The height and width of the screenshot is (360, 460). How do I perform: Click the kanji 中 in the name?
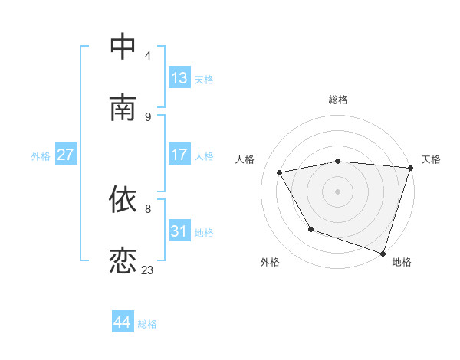[x=123, y=47]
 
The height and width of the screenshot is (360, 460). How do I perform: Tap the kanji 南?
[x=123, y=108]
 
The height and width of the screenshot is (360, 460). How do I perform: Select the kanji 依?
[x=123, y=200]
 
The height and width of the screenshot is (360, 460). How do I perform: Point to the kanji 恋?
[x=123, y=261]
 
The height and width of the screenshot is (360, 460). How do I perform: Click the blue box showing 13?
[x=179, y=78]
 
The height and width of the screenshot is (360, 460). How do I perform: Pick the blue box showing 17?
[x=179, y=155]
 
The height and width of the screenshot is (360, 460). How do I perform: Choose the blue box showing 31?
[x=179, y=231]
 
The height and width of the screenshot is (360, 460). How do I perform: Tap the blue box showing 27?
[x=65, y=155]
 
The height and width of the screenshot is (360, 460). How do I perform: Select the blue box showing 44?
[x=122, y=322]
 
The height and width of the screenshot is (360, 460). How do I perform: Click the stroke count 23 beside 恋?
[x=147, y=270]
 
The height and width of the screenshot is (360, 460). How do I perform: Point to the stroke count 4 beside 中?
[x=148, y=55]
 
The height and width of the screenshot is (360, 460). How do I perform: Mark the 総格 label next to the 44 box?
[x=147, y=324]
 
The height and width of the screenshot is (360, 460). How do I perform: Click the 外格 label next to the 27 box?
[x=41, y=156]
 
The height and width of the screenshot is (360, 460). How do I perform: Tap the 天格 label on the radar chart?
[x=431, y=159]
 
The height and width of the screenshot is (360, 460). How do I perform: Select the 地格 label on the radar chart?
[x=402, y=262]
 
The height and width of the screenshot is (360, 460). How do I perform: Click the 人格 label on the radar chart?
[x=245, y=159]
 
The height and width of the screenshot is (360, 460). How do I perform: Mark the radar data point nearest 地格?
[x=383, y=253]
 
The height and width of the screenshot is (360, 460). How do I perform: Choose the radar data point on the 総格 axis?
[x=337, y=161]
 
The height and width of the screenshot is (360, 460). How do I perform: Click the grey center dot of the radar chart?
[x=337, y=191]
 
